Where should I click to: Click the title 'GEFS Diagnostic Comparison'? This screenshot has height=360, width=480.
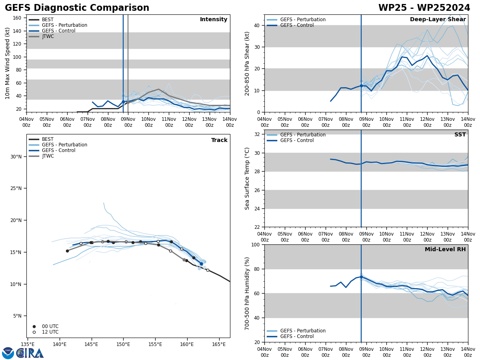click(x=77, y=8)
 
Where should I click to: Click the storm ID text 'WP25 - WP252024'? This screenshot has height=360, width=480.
click(x=424, y=8)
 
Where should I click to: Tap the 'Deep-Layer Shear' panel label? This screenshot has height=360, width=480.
click(x=438, y=20)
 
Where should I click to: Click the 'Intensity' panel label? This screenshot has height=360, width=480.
click(x=214, y=20)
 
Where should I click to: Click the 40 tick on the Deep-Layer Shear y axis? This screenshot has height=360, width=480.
click(x=257, y=25)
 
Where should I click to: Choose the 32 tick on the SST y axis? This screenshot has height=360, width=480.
click(x=257, y=134)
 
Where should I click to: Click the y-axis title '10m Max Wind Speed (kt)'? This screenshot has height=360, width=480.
click(x=8, y=63)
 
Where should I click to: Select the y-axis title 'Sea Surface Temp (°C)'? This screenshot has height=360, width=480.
click(x=247, y=178)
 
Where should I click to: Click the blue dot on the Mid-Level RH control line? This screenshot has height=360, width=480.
click(x=361, y=277)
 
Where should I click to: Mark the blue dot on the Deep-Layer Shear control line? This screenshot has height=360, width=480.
click(x=361, y=86)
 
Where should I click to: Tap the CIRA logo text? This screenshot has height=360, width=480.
click(x=30, y=353)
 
